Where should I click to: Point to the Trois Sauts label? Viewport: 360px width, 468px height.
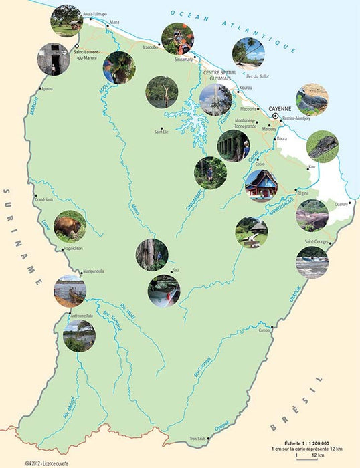point(199,439)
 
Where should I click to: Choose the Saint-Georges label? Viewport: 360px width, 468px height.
point(318,241)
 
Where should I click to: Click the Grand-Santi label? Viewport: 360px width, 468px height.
point(44,199)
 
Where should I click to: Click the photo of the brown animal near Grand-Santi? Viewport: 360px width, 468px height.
point(70,226)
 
